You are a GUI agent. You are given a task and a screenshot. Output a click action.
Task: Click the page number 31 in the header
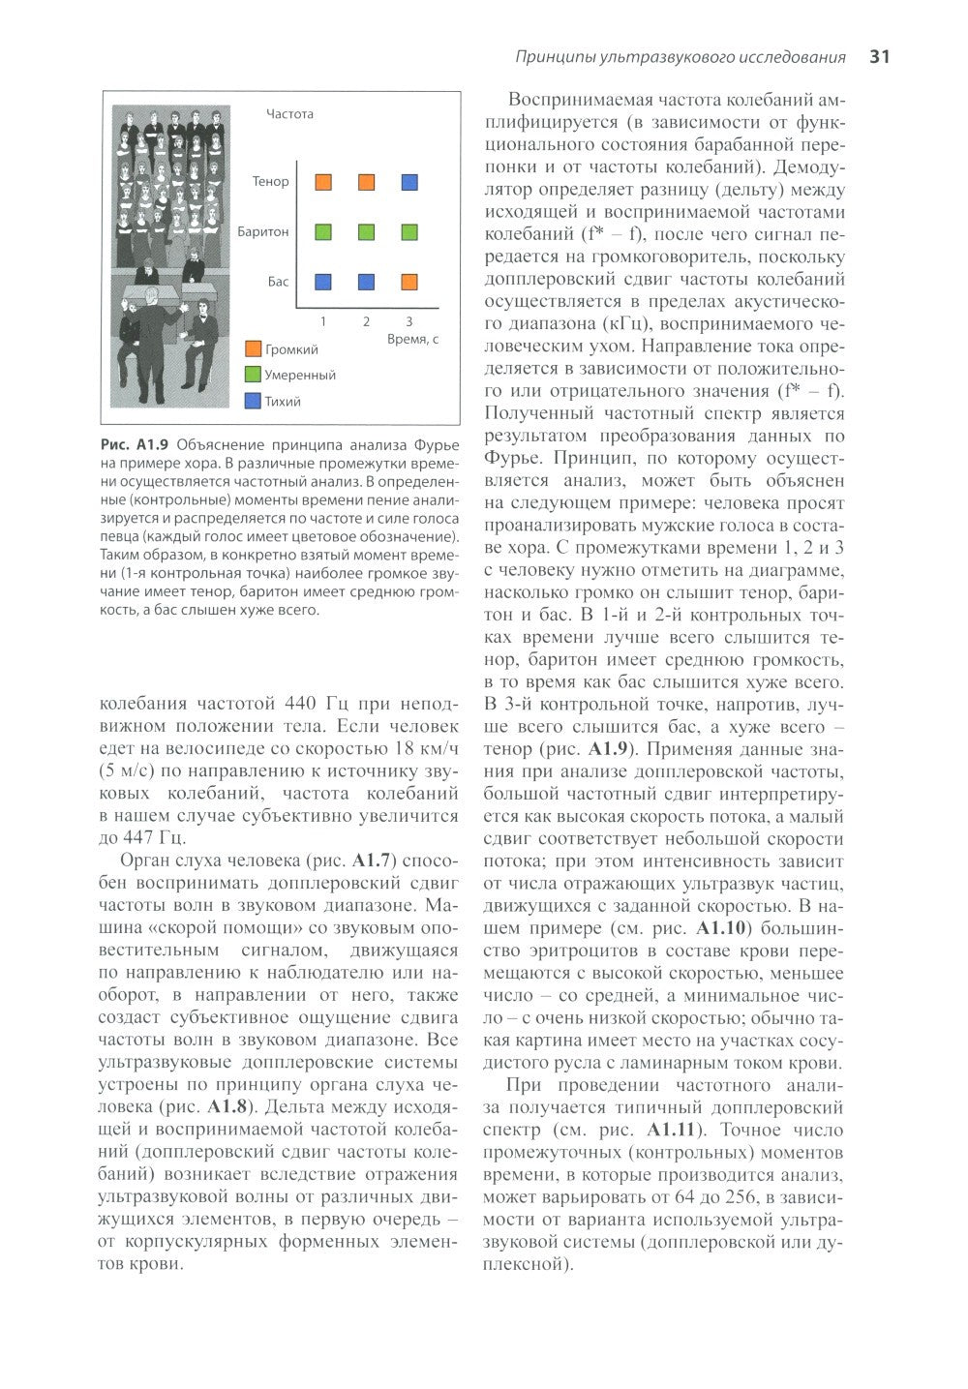click(879, 57)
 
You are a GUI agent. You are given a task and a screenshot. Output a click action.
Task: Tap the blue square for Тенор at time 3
click(409, 181)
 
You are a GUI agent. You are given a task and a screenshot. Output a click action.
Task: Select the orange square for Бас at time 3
click(409, 282)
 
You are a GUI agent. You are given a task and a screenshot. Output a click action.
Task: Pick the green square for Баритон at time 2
click(367, 231)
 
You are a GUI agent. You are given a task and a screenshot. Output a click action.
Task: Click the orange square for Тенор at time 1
click(323, 181)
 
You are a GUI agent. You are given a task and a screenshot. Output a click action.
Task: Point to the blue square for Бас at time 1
click(323, 282)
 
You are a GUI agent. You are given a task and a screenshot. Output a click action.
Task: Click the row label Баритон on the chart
click(262, 231)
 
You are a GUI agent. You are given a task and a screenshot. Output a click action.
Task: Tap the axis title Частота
click(289, 114)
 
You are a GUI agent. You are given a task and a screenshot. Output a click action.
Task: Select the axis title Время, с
click(412, 340)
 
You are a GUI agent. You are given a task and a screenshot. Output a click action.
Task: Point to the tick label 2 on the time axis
click(366, 320)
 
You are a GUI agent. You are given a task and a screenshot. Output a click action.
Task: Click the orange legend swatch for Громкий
click(254, 349)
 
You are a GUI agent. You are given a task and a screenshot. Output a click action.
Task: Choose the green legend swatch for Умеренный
click(254, 375)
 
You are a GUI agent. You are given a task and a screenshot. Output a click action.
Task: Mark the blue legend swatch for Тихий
click(254, 401)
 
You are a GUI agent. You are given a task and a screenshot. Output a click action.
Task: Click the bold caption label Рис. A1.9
click(135, 445)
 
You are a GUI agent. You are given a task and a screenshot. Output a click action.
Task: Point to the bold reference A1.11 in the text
click(671, 1130)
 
